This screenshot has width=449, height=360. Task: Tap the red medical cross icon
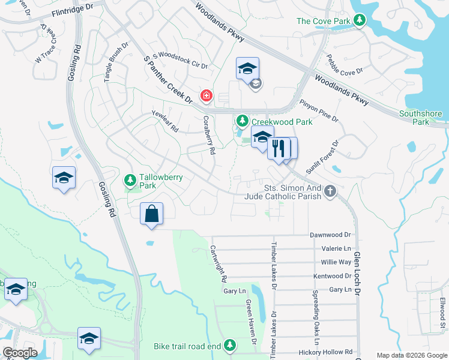206,96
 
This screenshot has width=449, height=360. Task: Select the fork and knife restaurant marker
278,148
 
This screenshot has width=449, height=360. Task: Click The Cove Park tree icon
360,22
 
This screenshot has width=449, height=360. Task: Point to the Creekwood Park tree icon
243,122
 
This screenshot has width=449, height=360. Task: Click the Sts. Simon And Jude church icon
330,191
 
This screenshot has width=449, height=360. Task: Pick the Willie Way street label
336,262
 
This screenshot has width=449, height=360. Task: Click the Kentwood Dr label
332,276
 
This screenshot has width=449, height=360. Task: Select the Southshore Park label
420,118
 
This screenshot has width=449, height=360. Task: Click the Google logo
20,353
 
